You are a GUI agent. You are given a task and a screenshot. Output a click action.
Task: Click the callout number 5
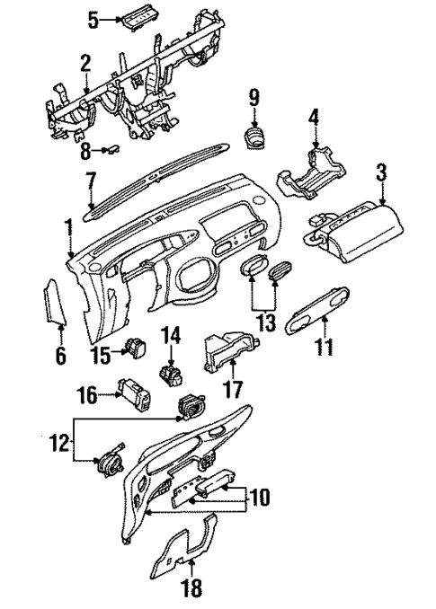click(93, 17)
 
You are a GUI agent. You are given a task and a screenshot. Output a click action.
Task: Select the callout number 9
click(253, 95)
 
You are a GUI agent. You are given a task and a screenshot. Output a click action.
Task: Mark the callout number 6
click(60, 357)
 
